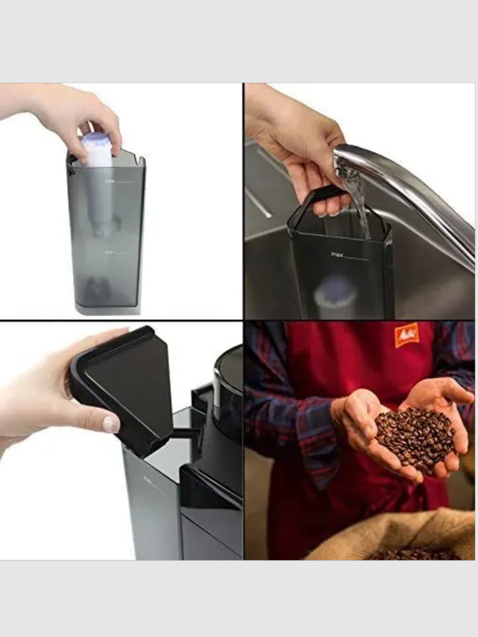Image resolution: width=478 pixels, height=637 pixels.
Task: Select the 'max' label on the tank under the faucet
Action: point(337,254)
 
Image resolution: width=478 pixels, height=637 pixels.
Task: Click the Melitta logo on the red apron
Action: point(406,335)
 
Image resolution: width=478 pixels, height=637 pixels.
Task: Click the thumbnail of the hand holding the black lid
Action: point(111,424)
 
